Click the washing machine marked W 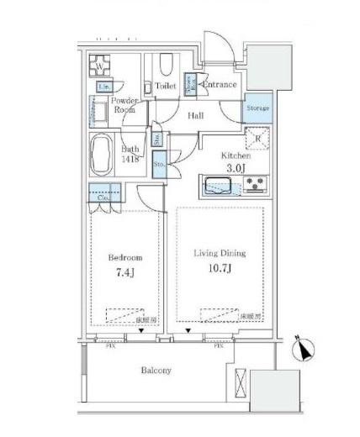pos(101,66)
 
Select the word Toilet pos(166,86)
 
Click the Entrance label pos(221,85)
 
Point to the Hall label pos(195,117)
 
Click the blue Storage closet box pos(257,108)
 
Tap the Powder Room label pos(127,105)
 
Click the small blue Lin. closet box pos(105,87)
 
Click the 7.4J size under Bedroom pos(124,272)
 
